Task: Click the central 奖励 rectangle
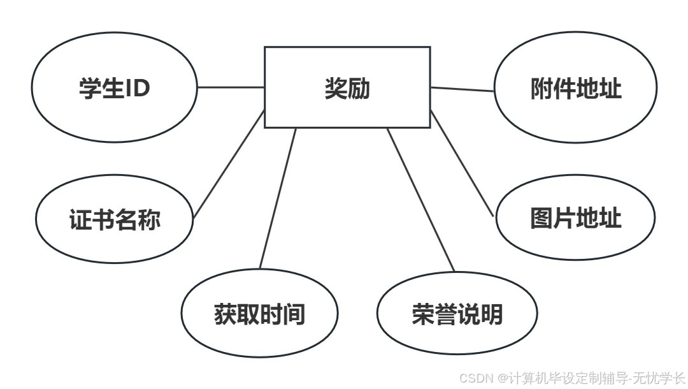(347, 87)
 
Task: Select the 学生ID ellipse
(115, 88)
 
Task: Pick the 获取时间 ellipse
(259, 314)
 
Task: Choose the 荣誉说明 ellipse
(457, 314)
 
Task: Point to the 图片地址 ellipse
(575, 218)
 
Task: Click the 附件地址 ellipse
(575, 89)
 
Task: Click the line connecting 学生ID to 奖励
(231, 87)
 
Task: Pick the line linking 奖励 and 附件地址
(462, 89)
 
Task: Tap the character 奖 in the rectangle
(336, 89)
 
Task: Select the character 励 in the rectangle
(359, 89)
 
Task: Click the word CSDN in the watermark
(472, 378)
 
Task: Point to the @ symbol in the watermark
(502, 378)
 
